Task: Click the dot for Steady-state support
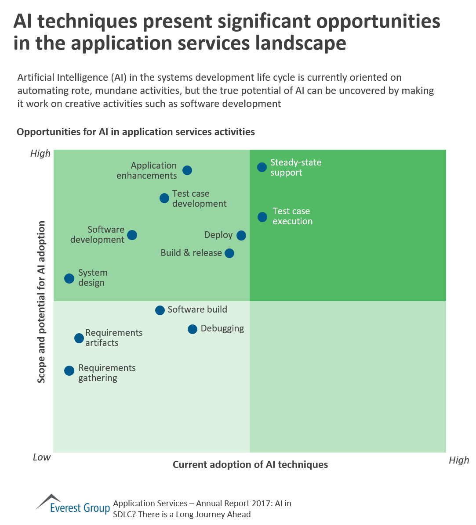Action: pos(262,167)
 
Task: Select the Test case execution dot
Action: pos(262,217)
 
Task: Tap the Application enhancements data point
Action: pos(187,170)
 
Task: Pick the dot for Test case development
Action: pos(164,198)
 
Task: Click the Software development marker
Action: pos(132,235)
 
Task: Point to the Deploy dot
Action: pos(241,235)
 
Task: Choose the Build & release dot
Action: pos(229,253)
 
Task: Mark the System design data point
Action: pos(69,278)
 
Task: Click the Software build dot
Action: pos(160,310)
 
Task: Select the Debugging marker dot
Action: pos(193,329)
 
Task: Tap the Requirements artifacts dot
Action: pos(79,338)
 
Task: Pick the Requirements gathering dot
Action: pos(69,370)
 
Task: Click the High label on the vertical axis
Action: pos(40,154)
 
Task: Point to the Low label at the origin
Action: pos(42,457)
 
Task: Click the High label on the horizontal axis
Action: pos(459,460)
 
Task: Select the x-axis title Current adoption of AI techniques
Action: pos(250,464)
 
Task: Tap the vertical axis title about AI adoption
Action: pos(41,302)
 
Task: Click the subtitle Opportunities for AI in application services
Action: pos(136,132)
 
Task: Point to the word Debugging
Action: pos(222,328)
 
